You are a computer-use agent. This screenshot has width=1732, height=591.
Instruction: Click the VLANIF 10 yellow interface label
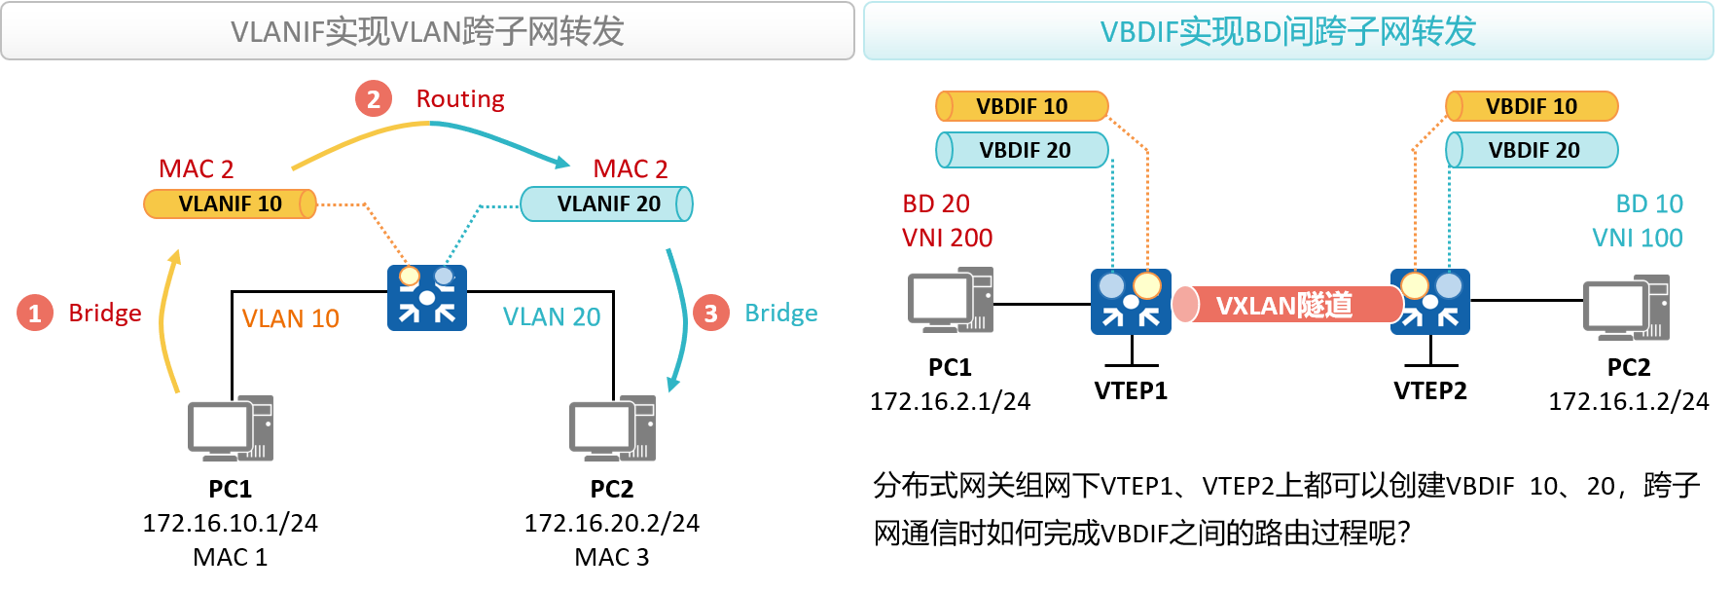(230, 203)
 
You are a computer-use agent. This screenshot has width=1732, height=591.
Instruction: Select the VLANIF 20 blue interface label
(607, 203)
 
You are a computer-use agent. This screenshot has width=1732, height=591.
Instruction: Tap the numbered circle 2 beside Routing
(373, 98)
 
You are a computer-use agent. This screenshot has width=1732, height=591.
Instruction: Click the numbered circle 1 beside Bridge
(34, 313)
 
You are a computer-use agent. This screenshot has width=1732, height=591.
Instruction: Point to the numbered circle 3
(710, 313)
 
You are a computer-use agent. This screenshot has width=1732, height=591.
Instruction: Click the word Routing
(460, 98)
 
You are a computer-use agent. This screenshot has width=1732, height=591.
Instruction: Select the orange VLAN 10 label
(290, 318)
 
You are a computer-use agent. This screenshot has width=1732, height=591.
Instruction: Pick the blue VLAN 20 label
(552, 316)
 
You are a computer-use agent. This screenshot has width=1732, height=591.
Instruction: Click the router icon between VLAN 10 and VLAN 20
(426, 298)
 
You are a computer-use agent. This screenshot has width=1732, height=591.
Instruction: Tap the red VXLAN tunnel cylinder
(1284, 305)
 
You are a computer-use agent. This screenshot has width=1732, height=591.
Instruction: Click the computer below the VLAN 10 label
(231, 427)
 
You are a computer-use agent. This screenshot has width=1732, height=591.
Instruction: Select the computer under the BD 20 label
(951, 300)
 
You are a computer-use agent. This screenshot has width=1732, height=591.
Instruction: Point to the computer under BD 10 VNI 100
(1626, 308)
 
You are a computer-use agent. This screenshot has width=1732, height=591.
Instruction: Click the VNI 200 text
(947, 238)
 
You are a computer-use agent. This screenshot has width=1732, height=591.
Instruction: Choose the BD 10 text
(1648, 203)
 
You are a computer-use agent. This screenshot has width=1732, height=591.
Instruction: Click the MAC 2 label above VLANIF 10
(197, 168)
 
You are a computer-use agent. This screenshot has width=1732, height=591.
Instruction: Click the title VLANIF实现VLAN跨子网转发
(427, 31)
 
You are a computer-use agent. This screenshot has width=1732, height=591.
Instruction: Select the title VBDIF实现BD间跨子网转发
(1287, 31)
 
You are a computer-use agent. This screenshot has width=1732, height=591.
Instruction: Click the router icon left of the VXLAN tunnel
(1130, 302)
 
